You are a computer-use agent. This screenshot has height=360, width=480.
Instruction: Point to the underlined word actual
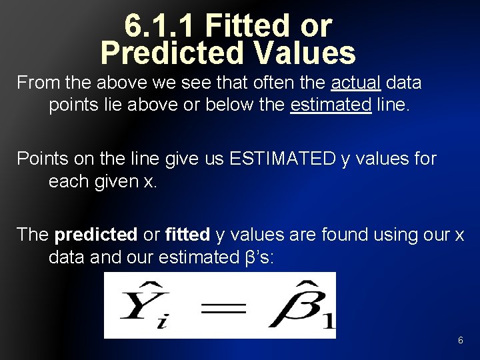coord(356,83)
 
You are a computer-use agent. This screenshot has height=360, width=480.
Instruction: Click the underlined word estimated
coord(331,105)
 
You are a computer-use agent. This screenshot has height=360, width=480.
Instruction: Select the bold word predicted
coord(95,235)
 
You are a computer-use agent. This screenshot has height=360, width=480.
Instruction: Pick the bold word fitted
coord(187,235)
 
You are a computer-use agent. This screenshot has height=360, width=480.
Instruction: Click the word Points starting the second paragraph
coord(41,159)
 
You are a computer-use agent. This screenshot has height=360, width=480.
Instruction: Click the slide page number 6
coord(460,341)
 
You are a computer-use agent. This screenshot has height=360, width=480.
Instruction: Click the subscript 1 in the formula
coord(328,323)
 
